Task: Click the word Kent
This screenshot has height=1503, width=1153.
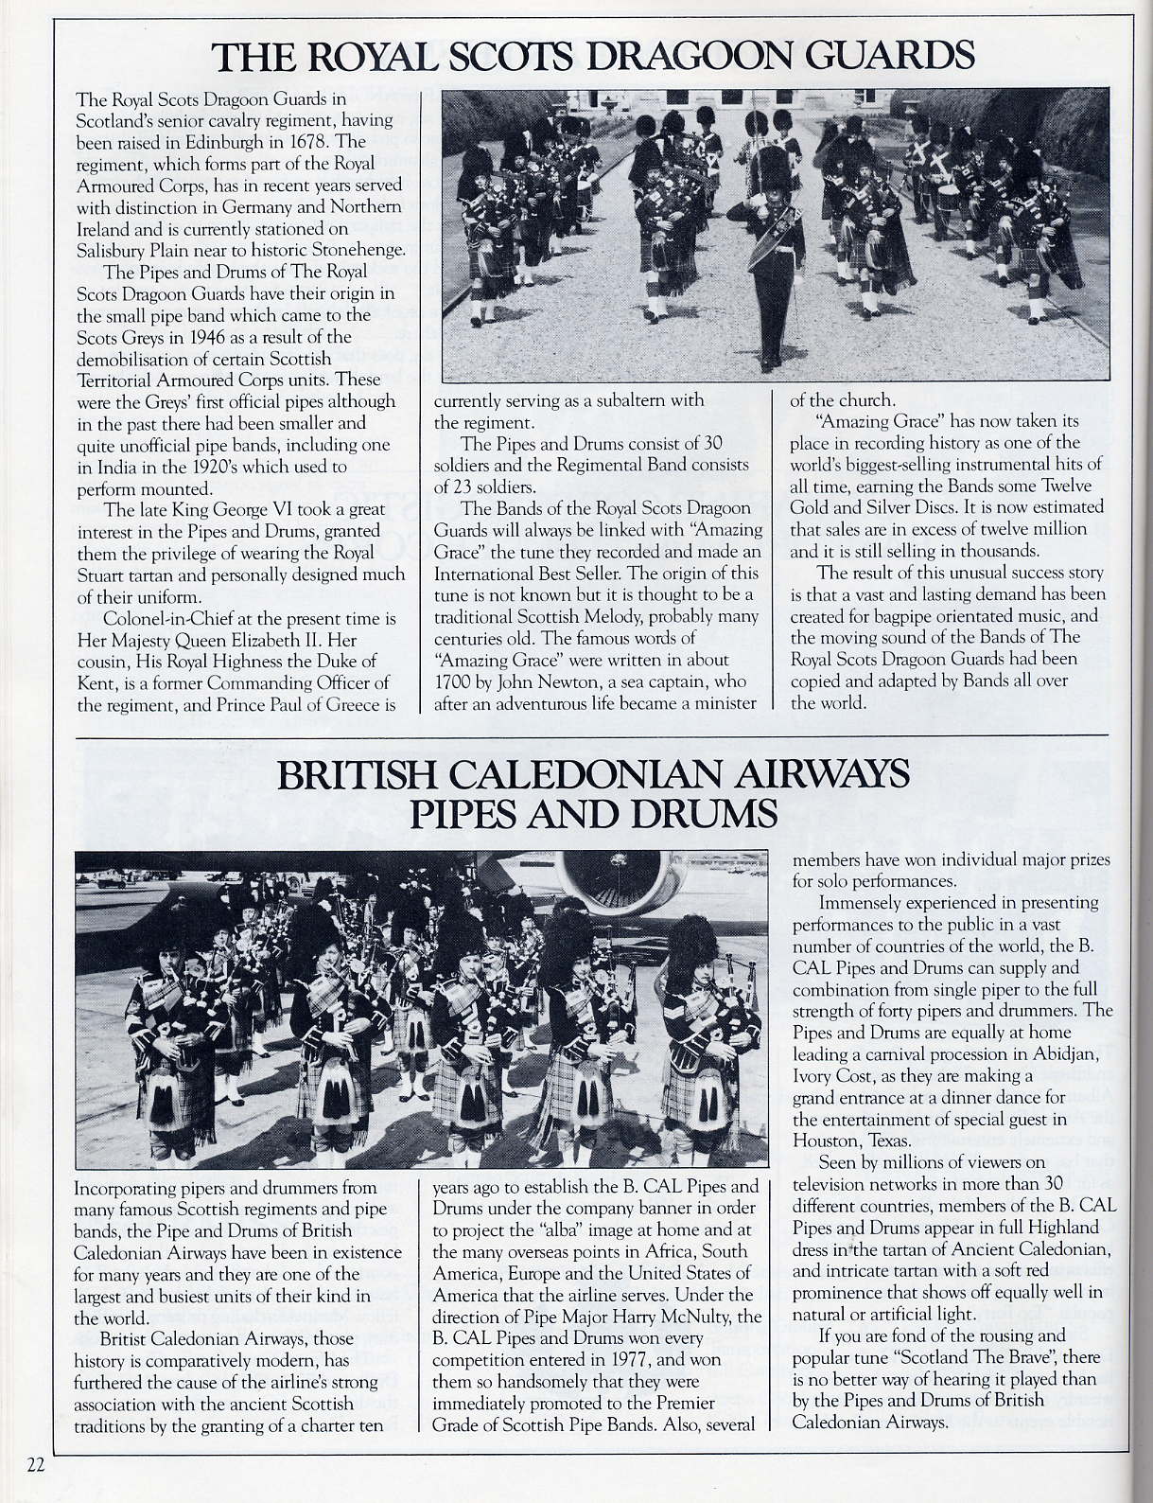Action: [94, 682]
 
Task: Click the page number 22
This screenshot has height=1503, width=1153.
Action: [36, 1465]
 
